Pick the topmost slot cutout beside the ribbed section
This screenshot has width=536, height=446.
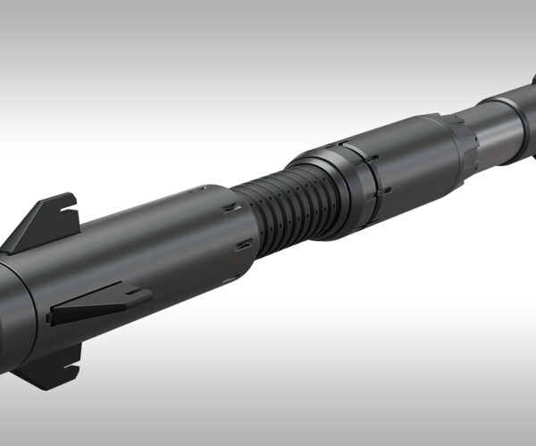tap(231, 208)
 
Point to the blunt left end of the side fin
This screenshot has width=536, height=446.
tap(52, 315)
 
